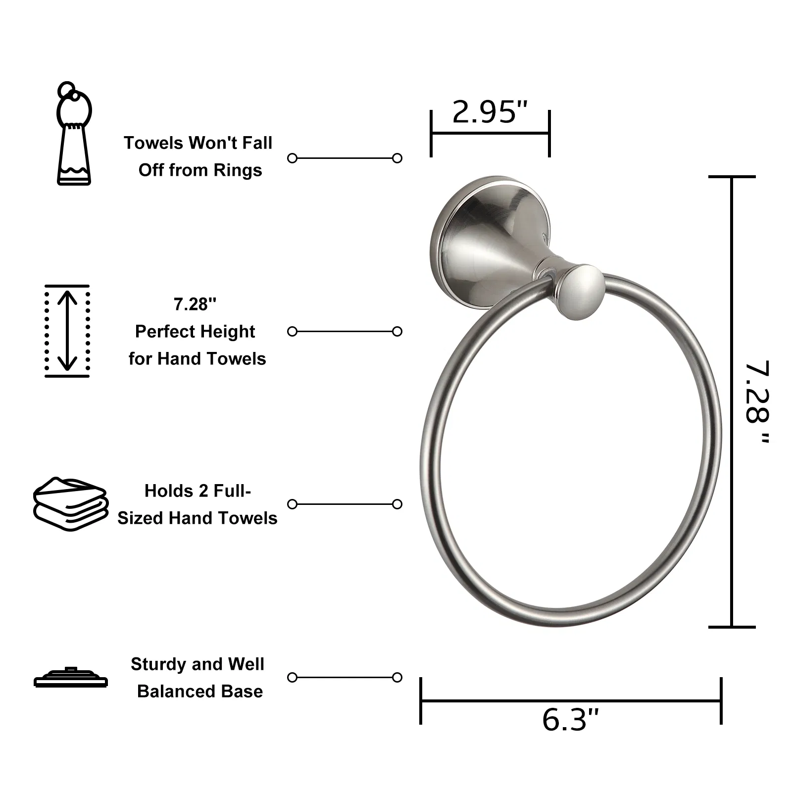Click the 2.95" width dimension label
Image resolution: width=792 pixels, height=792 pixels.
(490, 112)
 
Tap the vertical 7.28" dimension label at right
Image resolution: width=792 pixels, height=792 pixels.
(757, 401)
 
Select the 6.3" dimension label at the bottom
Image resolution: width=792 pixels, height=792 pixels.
(570, 720)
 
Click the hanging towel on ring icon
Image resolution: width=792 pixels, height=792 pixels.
(74, 134)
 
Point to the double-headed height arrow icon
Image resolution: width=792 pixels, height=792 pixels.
(67, 331)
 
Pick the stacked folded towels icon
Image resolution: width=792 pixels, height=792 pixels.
(71, 504)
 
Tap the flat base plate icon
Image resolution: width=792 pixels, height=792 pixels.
(71, 677)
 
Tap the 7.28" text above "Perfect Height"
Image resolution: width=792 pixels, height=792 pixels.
(195, 304)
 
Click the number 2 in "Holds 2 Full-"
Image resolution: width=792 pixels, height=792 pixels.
(203, 491)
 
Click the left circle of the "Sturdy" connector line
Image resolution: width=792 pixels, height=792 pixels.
(293, 677)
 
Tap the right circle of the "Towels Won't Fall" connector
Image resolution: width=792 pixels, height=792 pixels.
(397, 158)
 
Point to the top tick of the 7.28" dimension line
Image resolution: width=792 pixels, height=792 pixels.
(732, 177)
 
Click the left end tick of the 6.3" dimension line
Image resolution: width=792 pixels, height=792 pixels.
(421, 700)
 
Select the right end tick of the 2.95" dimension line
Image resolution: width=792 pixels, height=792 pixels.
(549, 133)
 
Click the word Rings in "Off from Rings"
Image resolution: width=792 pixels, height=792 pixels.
(243, 170)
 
